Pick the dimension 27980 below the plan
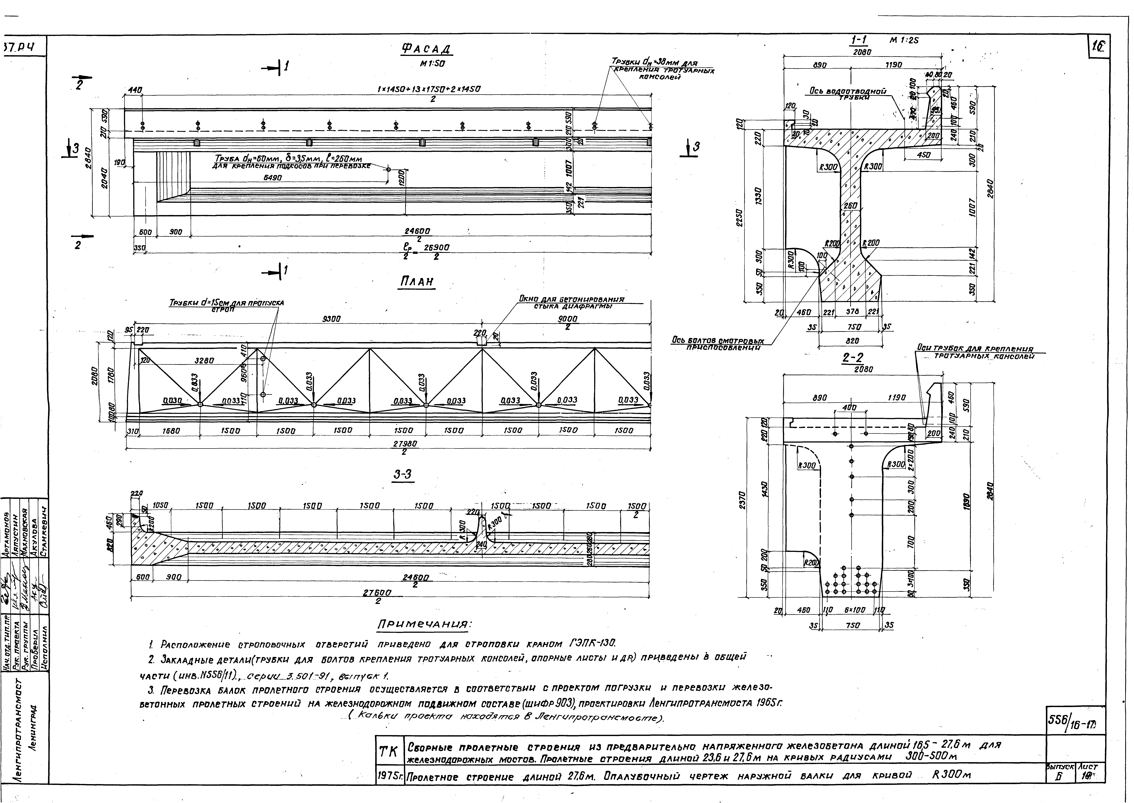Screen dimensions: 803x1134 click(x=405, y=444)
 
